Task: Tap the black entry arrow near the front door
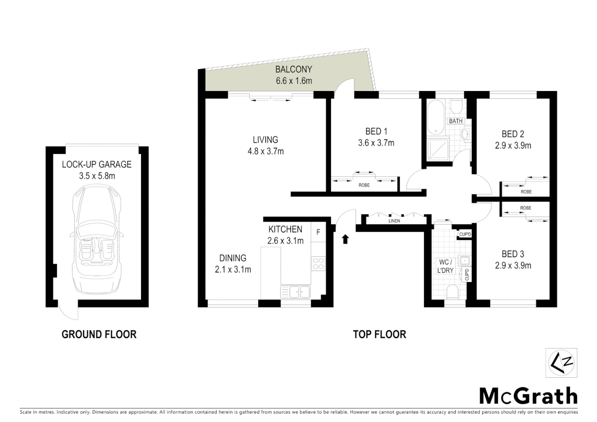345,239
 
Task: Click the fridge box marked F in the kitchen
318,232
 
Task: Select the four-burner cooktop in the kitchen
318,263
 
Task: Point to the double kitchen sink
295,291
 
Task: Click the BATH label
456,121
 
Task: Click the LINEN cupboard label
394,221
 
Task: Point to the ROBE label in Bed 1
364,185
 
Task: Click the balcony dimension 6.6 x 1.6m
293,81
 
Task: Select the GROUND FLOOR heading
99,334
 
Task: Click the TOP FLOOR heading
379,334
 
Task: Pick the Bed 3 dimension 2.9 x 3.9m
513,266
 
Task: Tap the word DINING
232,258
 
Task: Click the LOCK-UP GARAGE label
97,165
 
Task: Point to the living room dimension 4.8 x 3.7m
265,151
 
